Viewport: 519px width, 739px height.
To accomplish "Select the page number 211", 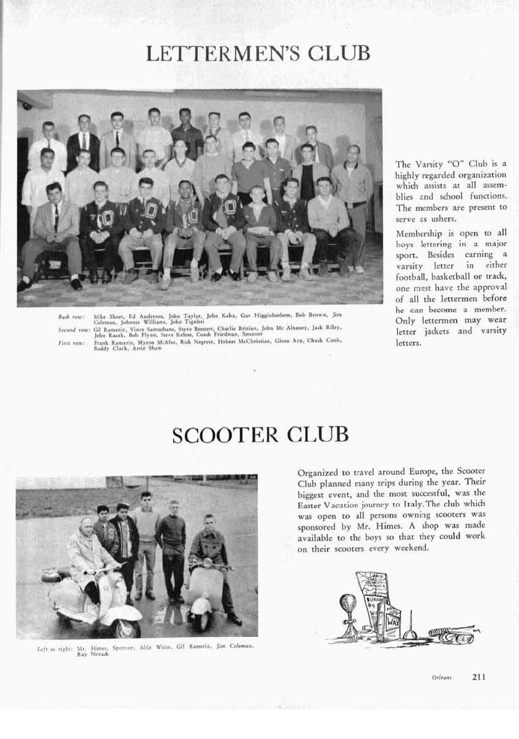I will click(479, 677).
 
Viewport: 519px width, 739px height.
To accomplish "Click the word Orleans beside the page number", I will click(442, 677).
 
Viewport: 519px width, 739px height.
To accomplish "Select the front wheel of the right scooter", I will click(201, 618).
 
